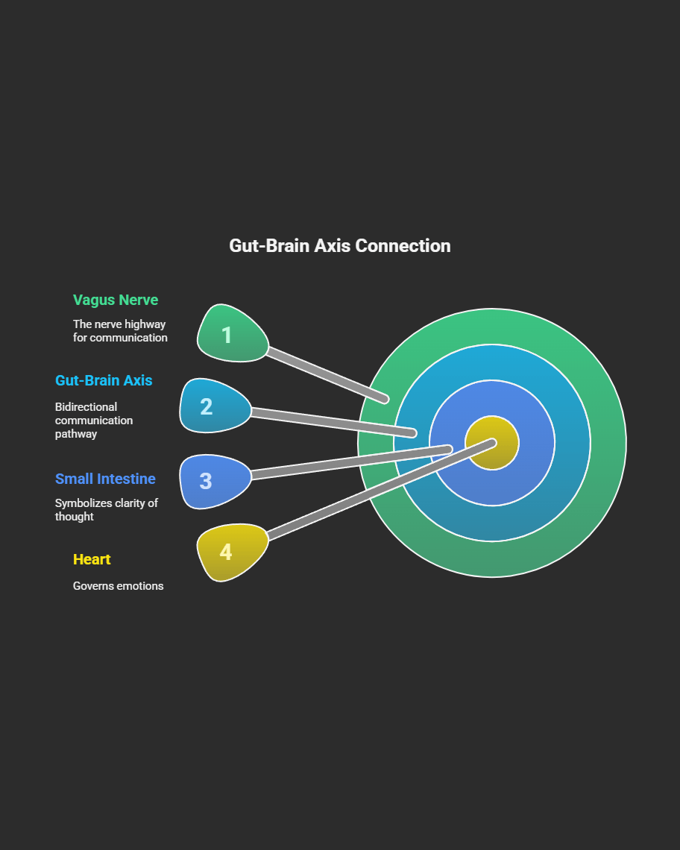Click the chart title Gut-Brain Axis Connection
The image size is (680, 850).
pos(339,246)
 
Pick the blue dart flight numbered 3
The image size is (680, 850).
pos(213,481)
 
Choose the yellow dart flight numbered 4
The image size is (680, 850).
pos(231,551)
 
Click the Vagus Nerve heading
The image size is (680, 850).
pos(116,300)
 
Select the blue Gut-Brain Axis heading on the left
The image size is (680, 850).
pos(104,380)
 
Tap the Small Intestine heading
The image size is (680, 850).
pos(105,479)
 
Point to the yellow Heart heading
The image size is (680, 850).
pos(92,559)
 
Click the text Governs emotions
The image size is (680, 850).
pos(118,586)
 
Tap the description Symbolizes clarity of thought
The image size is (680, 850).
pos(106,510)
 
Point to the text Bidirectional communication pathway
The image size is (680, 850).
pos(93,421)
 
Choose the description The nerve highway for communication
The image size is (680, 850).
pos(120,331)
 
